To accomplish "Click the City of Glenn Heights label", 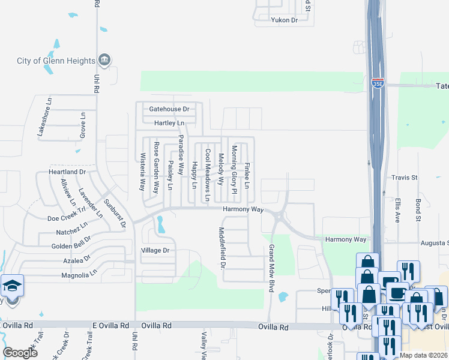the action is point(56,61).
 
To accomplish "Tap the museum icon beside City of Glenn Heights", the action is point(105,60).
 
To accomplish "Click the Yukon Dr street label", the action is point(286,20).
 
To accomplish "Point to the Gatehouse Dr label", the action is point(169,109).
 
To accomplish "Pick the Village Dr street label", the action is point(155,250).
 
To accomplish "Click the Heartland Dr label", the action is point(67,172).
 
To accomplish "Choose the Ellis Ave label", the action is point(397,208).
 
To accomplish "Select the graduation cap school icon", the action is point(12,286).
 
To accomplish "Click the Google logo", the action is point(20,353).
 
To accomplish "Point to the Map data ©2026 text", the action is point(423,355).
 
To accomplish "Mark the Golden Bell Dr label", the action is point(71,247).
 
